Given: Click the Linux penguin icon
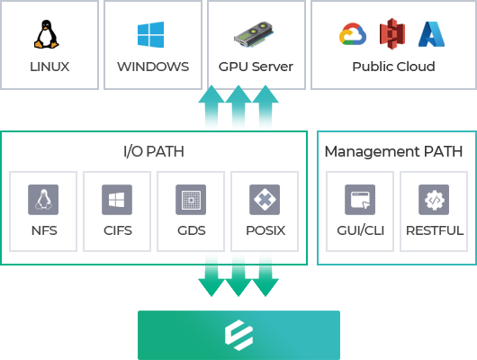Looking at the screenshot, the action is point(46,34).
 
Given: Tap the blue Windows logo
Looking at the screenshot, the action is point(150,34).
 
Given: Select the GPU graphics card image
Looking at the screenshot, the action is point(254,34).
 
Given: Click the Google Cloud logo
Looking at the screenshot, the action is point(353,34).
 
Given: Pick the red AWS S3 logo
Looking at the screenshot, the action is point(392,34).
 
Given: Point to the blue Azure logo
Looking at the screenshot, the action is point(431,34).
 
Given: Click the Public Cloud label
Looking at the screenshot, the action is point(393,67).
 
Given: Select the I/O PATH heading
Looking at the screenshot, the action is point(154,151).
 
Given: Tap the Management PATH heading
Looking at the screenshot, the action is point(393,151).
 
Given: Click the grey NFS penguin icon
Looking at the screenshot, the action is point(43,200).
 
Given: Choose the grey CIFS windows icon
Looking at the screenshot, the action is point(117,200).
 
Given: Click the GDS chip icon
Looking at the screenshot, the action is point(191,200).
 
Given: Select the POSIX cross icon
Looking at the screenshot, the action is point(265,200).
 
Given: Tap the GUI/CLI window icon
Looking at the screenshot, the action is point(360,200).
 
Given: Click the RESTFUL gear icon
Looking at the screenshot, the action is point(434,200).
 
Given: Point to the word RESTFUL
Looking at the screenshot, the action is point(435,230).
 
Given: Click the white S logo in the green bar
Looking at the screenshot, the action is point(238,335).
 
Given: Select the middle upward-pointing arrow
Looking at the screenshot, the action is point(238,106).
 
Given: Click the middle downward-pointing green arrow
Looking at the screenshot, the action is point(238,275).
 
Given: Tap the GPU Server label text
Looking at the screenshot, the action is point(256,67).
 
